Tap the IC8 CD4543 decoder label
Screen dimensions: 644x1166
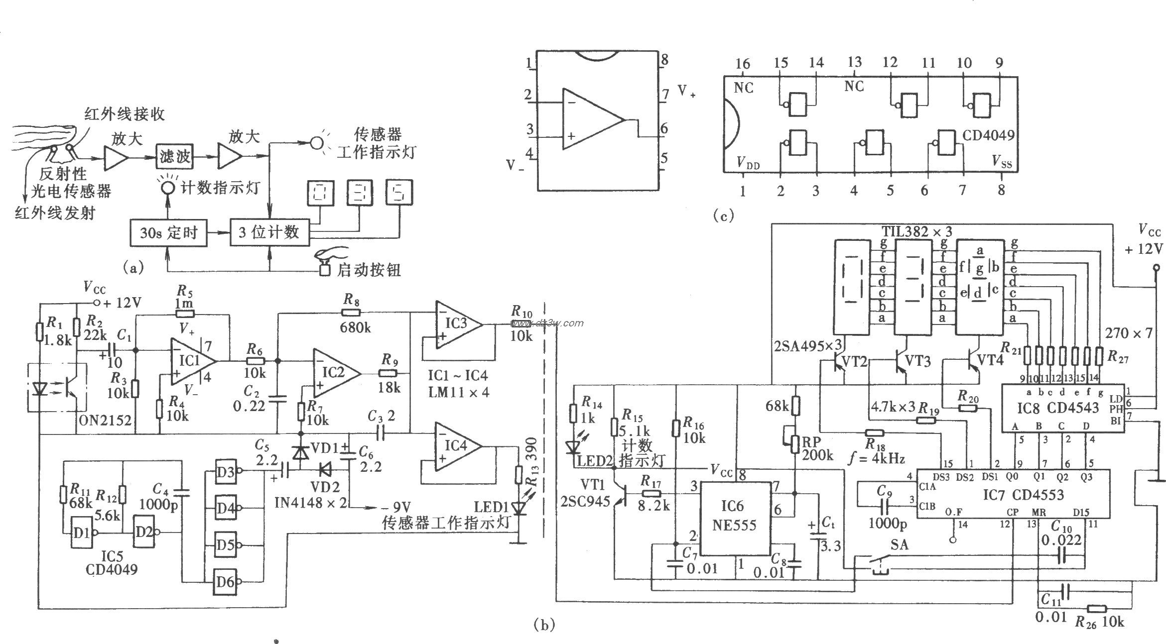(x=1051, y=408)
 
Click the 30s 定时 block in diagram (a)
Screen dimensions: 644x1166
(x=168, y=232)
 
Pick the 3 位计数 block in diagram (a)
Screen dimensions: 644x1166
(x=269, y=232)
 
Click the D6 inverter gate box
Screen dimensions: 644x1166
(x=225, y=582)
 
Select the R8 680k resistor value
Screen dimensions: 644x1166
(x=355, y=327)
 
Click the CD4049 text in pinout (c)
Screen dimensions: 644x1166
(x=988, y=135)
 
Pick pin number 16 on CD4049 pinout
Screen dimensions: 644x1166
(x=742, y=64)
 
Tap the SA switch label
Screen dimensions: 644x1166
(x=900, y=545)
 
